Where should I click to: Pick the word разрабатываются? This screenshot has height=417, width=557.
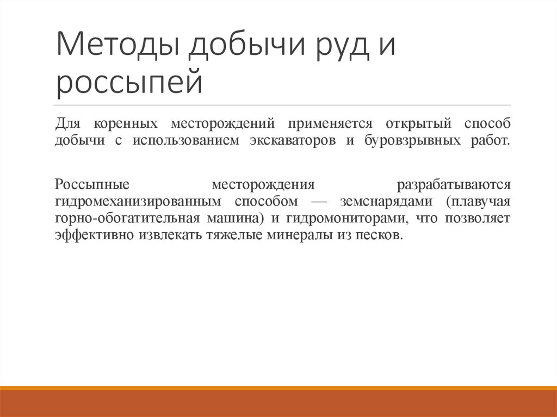click(x=454, y=183)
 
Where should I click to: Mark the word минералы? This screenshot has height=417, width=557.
click(x=302, y=235)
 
